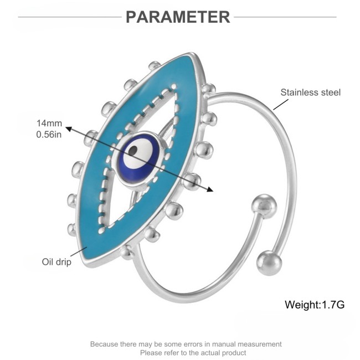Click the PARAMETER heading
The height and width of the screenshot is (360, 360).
[x=178, y=17]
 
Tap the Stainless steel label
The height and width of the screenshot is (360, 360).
[x=310, y=92]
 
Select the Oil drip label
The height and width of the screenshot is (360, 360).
[x=56, y=262]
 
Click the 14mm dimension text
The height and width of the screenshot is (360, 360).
[x=49, y=124]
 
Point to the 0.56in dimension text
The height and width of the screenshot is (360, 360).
[x=49, y=135]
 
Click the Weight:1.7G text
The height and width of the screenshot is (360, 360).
[x=315, y=305]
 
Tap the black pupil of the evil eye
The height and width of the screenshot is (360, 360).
[x=133, y=151]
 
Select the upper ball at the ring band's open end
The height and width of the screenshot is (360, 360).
[x=264, y=206]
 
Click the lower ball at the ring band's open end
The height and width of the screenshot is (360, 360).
[x=269, y=263]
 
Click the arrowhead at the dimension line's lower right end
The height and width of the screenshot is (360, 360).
[x=210, y=189]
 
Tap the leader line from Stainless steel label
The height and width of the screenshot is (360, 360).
[x=281, y=105]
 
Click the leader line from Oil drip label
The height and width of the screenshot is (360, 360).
[x=79, y=251]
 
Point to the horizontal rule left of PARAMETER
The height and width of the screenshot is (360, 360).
[x=70, y=17]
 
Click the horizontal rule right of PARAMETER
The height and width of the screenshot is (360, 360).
[x=285, y=17]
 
